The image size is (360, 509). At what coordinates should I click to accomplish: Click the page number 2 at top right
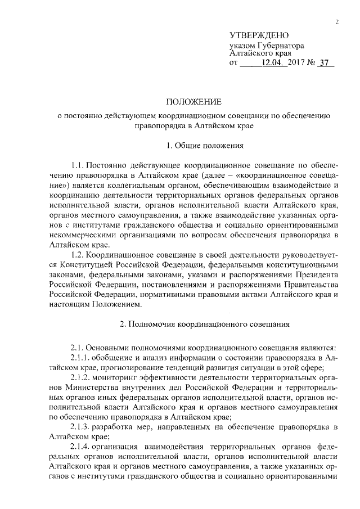tap(336, 22)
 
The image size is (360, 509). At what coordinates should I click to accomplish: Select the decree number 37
tap(323, 64)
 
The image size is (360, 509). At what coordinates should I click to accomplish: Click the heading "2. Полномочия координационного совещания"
tap(205, 324)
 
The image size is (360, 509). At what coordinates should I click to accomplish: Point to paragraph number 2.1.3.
tap(82, 427)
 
